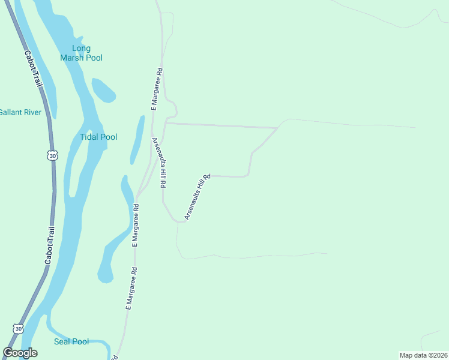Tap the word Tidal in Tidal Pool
pyautogui.click(x=89, y=137)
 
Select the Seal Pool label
pyautogui.click(x=71, y=341)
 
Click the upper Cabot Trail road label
pyautogui.click(x=34, y=71)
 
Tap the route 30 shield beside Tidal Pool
pyautogui.click(x=53, y=156)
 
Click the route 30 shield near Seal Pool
pyautogui.click(x=18, y=329)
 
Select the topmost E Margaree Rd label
pyautogui.click(x=157, y=89)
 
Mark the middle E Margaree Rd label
pyautogui.click(x=136, y=226)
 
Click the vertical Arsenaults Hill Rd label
pyautogui.click(x=158, y=163)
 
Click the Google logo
pyautogui.click(x=20, y=353)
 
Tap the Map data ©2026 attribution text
pyautogui.click(x=423, y=355)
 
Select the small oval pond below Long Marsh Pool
pyautogui.click(x=103, y=90)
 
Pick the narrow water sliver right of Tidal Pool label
pyautogui.click(x=137, y=139)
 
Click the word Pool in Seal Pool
pyautogui.click(x=80, y=341)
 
